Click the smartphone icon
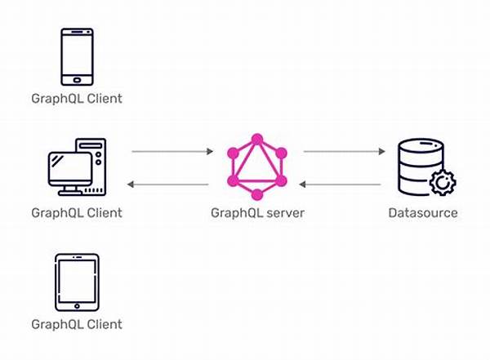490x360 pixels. point(77,57)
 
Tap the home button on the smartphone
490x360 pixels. point(77,80)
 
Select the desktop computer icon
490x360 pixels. point(78,167)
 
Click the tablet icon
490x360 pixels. point(77,282)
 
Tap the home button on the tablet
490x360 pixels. point(77,306)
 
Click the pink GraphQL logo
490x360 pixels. point(257,167)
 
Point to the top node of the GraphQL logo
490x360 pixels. point(257,140)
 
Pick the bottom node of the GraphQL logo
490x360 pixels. point(257,194)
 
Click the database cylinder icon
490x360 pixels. point(421,167)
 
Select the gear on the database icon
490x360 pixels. point(443,183)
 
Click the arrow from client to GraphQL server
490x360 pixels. point(172,152)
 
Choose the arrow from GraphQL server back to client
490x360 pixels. point(167,184)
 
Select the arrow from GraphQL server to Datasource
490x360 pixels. point(345,152)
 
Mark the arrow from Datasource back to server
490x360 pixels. point(340,184)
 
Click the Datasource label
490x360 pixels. point(423,213)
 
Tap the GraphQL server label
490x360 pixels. point(257,213)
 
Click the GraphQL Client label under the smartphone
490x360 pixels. point(77,99)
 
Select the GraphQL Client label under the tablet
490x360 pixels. point(77,324)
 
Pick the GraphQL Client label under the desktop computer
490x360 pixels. point(77,213)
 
